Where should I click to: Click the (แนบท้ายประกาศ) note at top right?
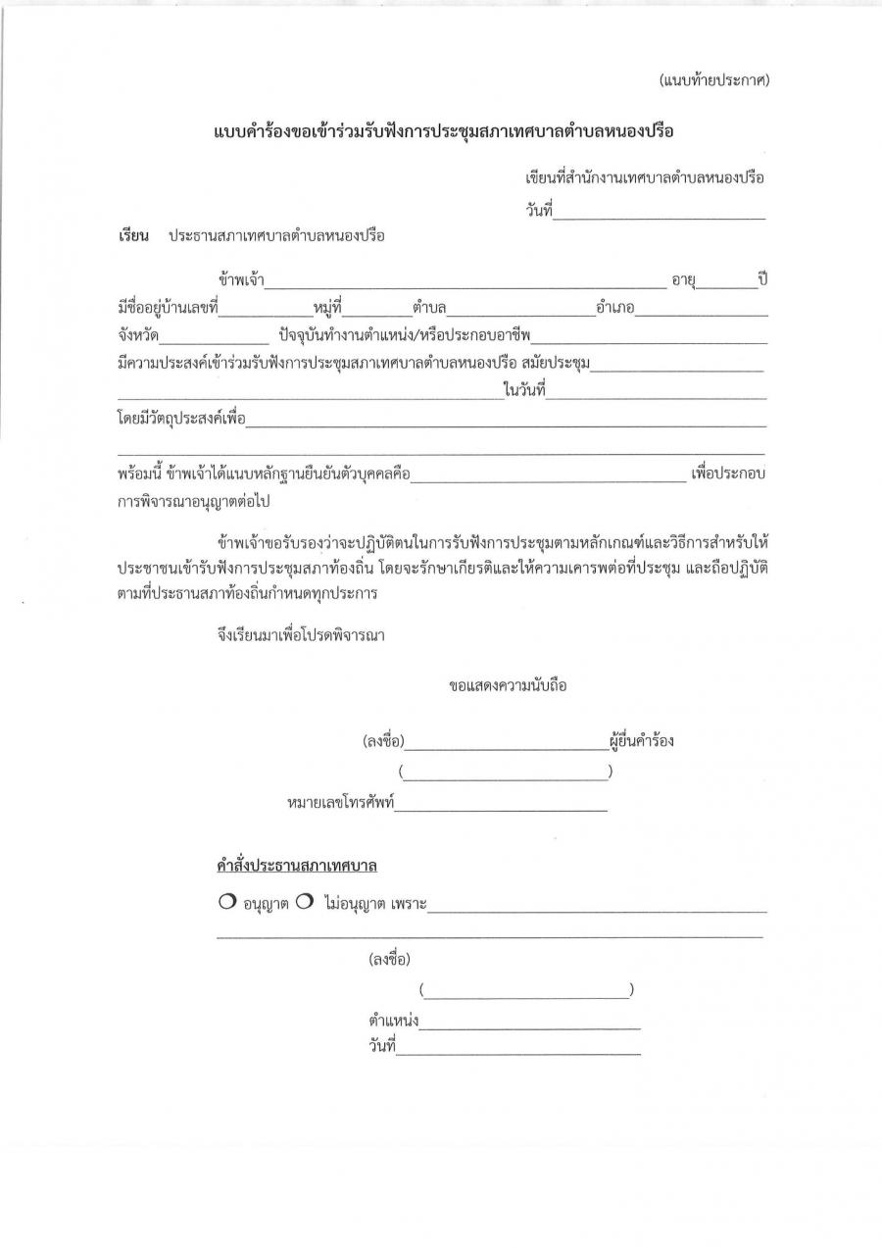point(713,80)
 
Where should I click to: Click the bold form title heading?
point(446,131)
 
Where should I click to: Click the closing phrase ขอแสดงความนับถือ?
point(508,686)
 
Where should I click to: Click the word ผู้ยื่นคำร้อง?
point(641,741)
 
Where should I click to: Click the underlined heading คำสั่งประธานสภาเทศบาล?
point(297,867)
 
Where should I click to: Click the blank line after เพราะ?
point(597,907)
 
